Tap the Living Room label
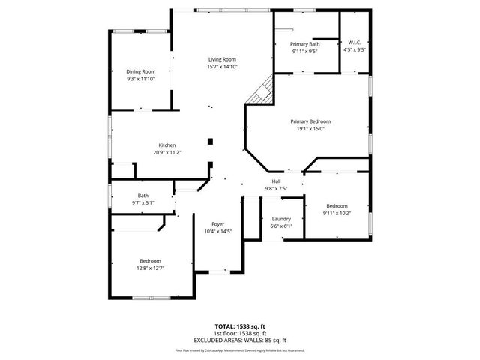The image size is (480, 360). click(x=222, y=59)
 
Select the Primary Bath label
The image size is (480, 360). click(x=304, y=45)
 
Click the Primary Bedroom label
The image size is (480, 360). click(x=310, y=121)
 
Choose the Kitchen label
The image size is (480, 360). click(x=166, y=145)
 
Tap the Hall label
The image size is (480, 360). click(x=276, y=181)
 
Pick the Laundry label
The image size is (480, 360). click(x=281, y=219)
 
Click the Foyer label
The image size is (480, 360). click(x=218, y=224)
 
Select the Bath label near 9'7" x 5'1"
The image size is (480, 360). click(x=142, y=196)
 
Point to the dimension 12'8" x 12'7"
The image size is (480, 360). click(x=151, y=268)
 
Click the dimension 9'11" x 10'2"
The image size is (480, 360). click(x=337, y=213)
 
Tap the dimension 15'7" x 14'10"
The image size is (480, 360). click(x=222, y=67)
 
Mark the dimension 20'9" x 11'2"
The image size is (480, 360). click(x=166, y=153)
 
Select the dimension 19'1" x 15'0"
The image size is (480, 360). click(x=310, y=129)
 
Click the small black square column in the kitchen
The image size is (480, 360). click(x=211, y=140)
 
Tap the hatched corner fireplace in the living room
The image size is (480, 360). click(x=262, y=93)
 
